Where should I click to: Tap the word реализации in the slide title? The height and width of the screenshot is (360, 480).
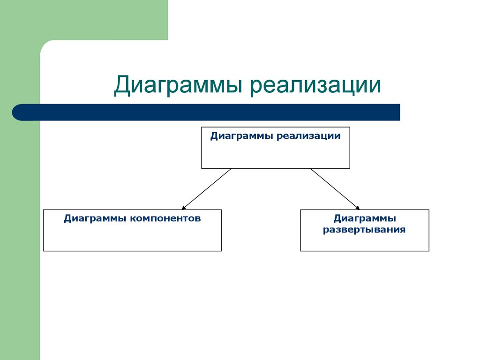[x=315, y=86]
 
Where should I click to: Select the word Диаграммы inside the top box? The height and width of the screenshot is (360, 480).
[x=242, y=136]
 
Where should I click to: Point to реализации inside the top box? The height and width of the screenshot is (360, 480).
[x=308, y=136]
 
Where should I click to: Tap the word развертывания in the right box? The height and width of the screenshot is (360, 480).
[x=364, y=230]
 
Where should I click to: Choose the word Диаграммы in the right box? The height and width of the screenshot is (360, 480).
[x=364, y=218]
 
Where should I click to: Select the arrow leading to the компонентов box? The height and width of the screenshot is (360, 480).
[x=206, y=188]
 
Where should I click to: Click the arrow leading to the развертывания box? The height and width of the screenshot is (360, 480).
[x=335, y=188]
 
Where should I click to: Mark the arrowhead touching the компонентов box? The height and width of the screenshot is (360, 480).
[x=184, y=207]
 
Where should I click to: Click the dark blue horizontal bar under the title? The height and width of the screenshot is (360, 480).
[x=211, y=112]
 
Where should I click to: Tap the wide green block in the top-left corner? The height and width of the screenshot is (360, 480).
[x=84, y=20]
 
